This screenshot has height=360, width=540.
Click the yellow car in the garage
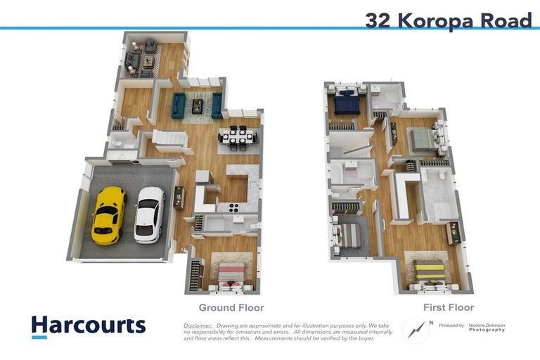tap(109, 214)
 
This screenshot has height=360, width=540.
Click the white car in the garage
tap(149, 214)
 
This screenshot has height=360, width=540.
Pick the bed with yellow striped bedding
tap(428, 272)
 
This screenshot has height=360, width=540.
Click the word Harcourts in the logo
tap(89, 325)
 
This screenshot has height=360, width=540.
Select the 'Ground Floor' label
tap(231, 307)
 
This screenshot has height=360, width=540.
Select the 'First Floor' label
tap(449, 307)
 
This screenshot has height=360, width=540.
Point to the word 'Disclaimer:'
tap(198, 326)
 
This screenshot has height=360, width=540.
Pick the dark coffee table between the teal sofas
tap(198, 105)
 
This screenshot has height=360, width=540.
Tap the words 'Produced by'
tap(451, 326)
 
